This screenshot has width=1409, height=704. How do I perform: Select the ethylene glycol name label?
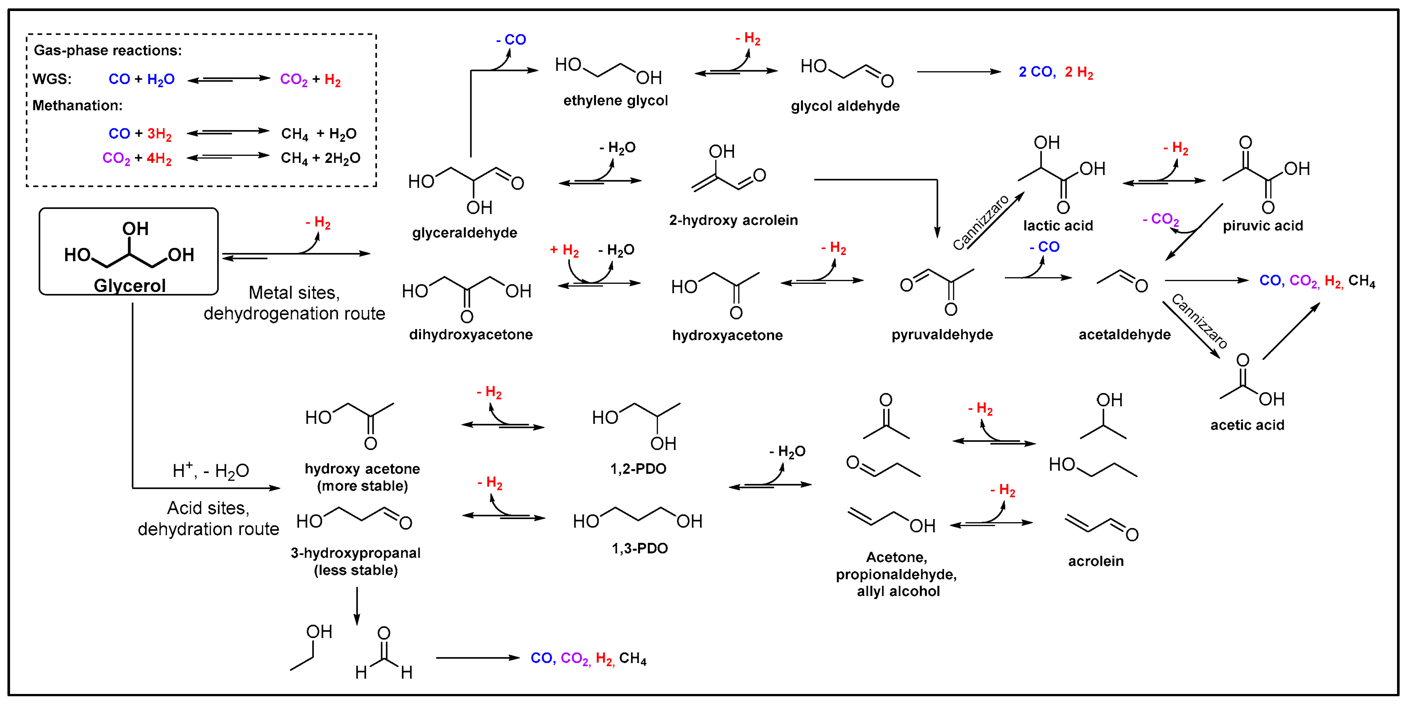tap(615, 101)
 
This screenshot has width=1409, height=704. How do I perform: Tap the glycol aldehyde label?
tap(845, 106)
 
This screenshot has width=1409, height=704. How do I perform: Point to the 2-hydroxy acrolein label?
tap(733, 220)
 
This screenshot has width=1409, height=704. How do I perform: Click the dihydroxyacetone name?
tap(471, 334)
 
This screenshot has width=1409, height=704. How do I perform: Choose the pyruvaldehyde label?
tap(942, 334)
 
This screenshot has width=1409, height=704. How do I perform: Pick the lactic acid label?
tap(1058, 225)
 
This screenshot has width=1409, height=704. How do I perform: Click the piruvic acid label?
tap(1262, 225)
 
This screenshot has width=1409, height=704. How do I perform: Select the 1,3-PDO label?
tap(639, 548)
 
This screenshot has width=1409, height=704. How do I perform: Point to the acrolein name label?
tap(1096, 561)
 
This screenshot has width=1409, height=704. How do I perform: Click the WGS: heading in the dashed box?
tap(52, 79)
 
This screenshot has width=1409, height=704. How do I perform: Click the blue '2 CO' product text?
tap(1037, 72)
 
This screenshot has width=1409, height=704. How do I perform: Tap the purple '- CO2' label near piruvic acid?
tap(1161, 220)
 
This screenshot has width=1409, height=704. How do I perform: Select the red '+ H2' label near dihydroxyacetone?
tap(564, 250)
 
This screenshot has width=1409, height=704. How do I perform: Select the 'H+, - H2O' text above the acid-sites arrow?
tap(211, 470)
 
